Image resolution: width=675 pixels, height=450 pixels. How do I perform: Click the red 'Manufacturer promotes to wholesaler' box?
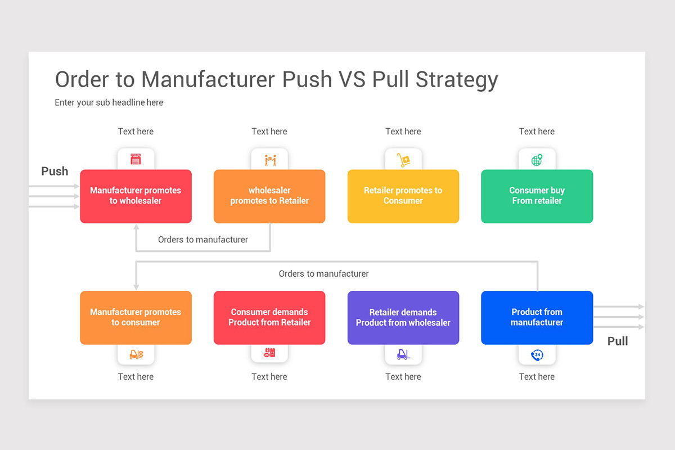point(136,196)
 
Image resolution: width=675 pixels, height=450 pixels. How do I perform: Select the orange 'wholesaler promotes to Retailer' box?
point(269,196)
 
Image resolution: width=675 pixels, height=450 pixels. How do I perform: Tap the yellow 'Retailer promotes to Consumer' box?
point(403,196)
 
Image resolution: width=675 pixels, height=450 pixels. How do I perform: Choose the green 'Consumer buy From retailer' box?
point(537,196)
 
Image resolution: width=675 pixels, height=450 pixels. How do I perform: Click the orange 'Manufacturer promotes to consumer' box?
point(136,318)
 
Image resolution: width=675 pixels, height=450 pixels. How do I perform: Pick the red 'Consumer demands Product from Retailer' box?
point(269,318)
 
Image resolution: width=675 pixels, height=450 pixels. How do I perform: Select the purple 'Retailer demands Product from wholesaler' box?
point(403,318)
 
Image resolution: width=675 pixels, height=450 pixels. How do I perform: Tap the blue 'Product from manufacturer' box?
point(537,318)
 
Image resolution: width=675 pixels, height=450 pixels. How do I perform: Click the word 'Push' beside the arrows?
point(55,172)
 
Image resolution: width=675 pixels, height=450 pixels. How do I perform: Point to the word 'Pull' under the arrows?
point(618,341)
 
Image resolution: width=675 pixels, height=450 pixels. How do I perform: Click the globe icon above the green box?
point(537,160)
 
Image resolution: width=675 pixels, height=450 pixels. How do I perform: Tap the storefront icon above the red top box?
point(136,160)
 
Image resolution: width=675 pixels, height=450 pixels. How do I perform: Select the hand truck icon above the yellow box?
point(403,160)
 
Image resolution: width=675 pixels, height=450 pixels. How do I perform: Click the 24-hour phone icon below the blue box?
point(537,354)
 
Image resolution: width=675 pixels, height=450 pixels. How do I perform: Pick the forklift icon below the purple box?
point(403,354)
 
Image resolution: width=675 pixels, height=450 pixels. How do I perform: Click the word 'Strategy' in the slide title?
point(457,80)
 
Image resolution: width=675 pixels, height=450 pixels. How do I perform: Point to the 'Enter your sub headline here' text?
point(109,102)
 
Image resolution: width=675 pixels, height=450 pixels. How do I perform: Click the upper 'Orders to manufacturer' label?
point(203,240)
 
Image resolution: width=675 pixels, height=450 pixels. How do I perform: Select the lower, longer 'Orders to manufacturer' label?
point(324,274)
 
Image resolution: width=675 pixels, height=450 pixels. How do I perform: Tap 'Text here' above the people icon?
point(269,132)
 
